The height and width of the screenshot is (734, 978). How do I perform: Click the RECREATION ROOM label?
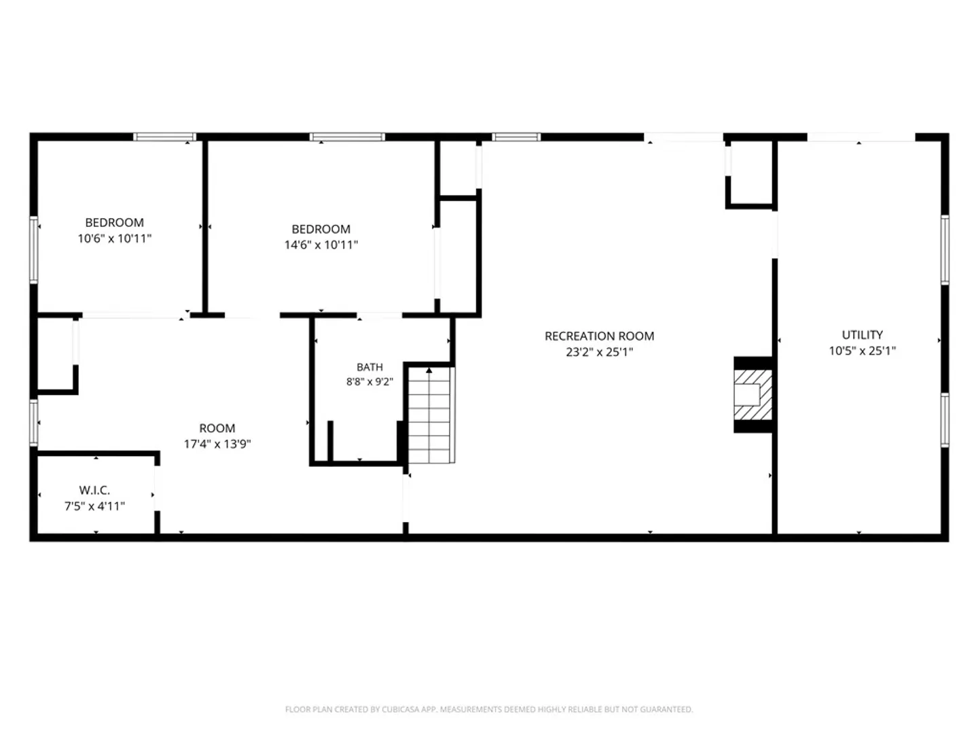[599, 336]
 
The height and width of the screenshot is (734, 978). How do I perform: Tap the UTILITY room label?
[862, 334]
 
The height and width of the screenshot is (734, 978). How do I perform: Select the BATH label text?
[369, 367]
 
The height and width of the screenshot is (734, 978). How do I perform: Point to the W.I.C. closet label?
[94, 490]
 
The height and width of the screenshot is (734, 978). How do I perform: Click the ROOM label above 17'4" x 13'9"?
[217, 428]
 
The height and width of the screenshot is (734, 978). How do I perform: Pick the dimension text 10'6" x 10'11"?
[115, 239]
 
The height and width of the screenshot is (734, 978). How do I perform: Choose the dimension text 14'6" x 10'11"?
[321, 245]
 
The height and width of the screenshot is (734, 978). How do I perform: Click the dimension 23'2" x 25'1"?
[599, 352]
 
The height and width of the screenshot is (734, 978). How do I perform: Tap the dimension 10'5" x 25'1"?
[862, 351]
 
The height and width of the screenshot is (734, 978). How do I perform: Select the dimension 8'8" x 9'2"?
[369, 381]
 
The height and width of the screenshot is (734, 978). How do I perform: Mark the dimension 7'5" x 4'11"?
[94, 506]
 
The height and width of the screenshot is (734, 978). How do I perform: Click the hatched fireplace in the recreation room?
[753, 395]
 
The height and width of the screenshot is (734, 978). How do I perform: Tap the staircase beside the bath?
[431, 415]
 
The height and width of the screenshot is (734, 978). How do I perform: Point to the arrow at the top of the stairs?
[429, 370]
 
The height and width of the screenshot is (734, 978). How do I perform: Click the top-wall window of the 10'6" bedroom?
[164, 137]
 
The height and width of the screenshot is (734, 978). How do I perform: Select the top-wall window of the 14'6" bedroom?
[347, 137]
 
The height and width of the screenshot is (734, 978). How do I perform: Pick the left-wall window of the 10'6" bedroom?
[33, 249]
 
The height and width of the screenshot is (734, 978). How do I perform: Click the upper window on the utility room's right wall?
[945, 249]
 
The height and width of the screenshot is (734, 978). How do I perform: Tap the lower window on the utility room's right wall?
[945, 420]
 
